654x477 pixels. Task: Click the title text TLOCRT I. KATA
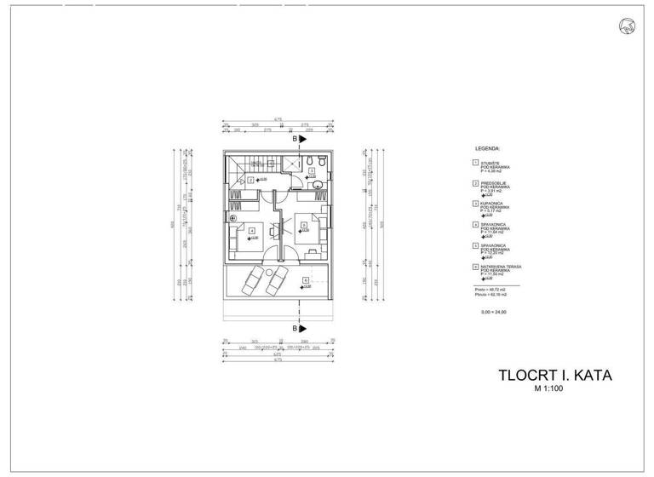pyautogui.click(x=554, y=375)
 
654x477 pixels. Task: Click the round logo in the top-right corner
pyautogui.click(x=627, y=26)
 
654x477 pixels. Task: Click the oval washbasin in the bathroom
pyautogui.click(x=317, y=184)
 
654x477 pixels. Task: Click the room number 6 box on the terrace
pyautogui.click(x=305, y=279)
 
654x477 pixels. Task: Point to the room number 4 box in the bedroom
pyautogui.click(x=252, y=231)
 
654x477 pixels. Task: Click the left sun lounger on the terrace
pyautogui.click(x=253, y=279)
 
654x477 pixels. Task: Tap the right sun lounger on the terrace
pyautogui.click(x=277, y=279)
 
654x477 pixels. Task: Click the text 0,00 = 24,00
pyautogui.click(x=493, y=313)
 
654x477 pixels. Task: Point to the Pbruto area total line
pyautogui.click(x=490, y=295)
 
